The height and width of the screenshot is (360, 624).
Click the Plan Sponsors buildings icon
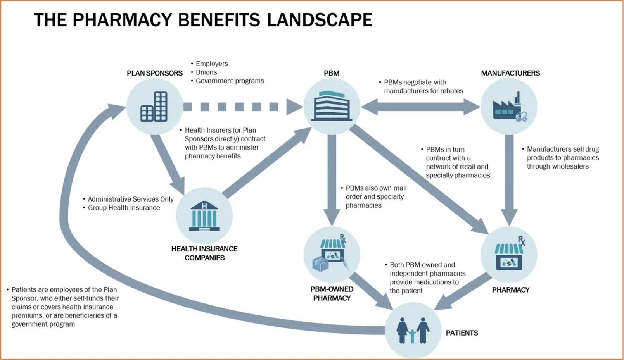(154, 107)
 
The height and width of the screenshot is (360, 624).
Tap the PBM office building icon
(332, 106)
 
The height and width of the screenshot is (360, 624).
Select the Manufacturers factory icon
(509, 107)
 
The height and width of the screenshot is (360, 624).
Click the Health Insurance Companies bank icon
(204, 216)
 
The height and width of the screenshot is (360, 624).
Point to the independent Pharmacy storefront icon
(509, 254)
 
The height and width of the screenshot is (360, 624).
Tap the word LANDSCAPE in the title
(320, 20)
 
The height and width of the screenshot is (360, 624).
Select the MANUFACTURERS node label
(510, 73)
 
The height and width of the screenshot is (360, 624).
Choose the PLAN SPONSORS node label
(155, 73)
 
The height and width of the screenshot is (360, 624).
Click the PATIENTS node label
(462, 333)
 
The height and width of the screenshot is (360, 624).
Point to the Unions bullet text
(206, 72)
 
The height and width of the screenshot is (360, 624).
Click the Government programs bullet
(230, 81)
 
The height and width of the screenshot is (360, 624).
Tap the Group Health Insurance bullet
(124, 208)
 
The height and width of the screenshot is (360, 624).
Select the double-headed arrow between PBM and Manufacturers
(420, 107)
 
